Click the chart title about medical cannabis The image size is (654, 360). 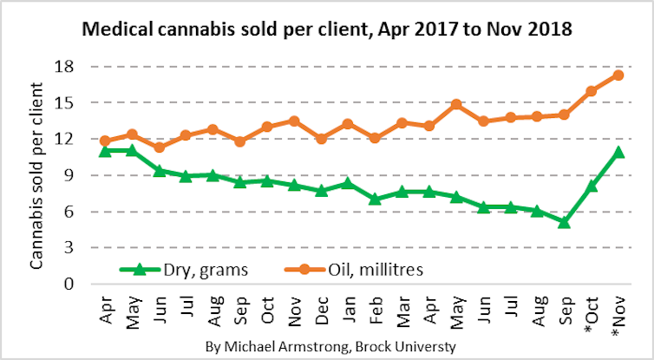pyautogui.click(x=326, y=29)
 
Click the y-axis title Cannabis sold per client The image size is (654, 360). pyautogui.click(x=36, y=174)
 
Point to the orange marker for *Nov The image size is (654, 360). pyautogui.click(x=618, y=75)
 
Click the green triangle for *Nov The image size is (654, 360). pyautogui.click(x=618, y=152)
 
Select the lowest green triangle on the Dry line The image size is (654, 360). pyautogui.click(x=564, y=222)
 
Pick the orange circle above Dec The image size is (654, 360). pyautogui.click(x=321, y=139)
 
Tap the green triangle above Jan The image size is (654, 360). pyautogui.click(x=348, y=183)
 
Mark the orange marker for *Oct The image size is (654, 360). pyautogui.click(x=592, y=91)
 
